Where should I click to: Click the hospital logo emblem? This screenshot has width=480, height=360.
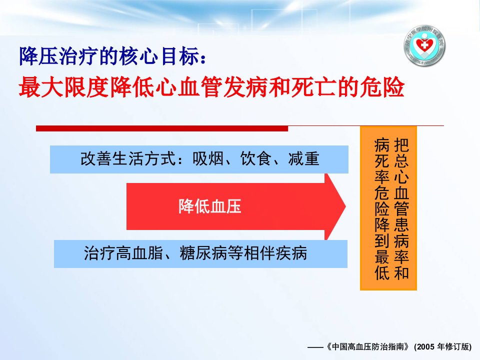tap(424, 46)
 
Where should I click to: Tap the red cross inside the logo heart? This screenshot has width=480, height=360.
tap(424, 46)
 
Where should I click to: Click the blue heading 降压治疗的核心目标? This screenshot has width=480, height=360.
tap(109, 56)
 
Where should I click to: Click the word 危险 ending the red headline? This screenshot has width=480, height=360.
tap(382, 87)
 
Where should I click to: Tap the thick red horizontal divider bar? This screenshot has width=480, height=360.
tap(162, 128)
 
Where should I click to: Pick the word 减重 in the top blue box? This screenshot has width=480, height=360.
tap(303, 159)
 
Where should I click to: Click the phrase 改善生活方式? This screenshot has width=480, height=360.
tap(128, 159)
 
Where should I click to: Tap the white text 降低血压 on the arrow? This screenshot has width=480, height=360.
tap(210, 206)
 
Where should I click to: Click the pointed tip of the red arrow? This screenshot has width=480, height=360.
tap(345, 206)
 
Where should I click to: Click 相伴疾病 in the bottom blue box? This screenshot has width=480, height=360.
tap(275, 253)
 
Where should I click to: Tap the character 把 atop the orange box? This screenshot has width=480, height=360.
tap(401, 145)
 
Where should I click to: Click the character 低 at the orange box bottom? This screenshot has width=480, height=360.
tap(382, 272)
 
